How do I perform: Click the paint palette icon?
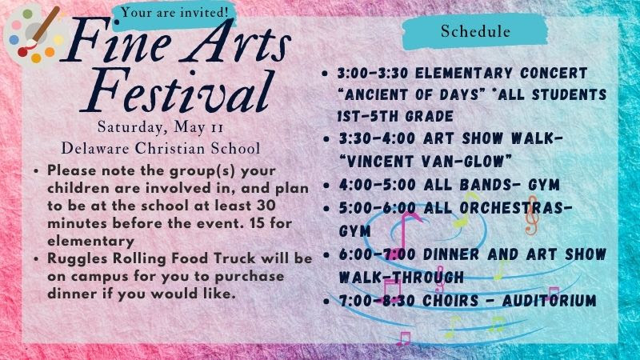click(x=33, y=34)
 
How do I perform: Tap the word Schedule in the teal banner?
click(x=475, y=31)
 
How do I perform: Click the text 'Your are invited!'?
click(x=174, y=12)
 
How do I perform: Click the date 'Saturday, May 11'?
click(x=161, y=127)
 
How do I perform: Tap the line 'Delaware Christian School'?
click(x=161, y=148)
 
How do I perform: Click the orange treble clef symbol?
click(x=531, y=215)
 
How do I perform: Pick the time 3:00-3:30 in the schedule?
click(x=373, y=74)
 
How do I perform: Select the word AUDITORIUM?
click(x=549, y=302)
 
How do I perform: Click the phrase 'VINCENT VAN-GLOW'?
click(x=426, y=162)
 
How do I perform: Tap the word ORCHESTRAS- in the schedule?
click(x=516, y=208)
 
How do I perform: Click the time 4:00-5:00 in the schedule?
click(x=377, y=185)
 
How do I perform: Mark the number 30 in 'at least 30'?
click(x=266, y=206)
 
